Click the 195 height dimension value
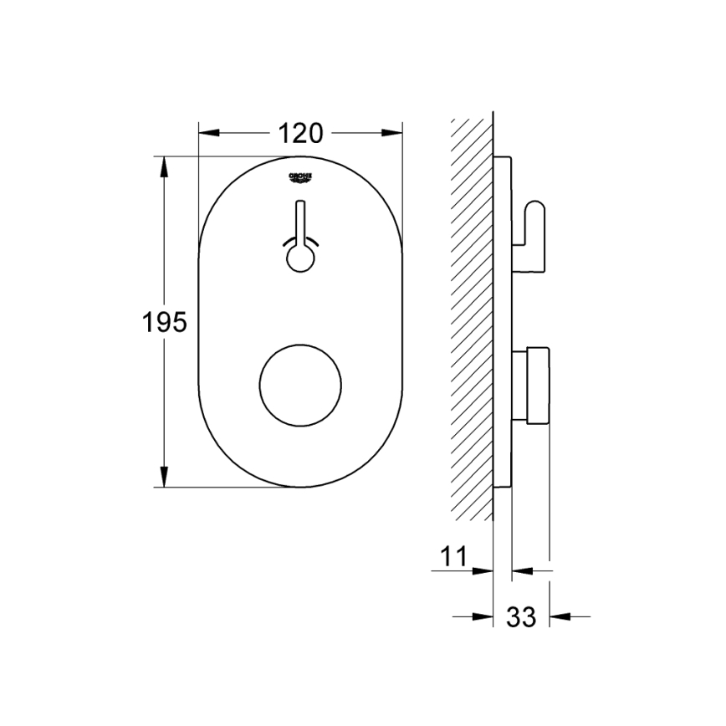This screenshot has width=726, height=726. [163, 321]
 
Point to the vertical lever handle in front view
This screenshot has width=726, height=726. [300, 222]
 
